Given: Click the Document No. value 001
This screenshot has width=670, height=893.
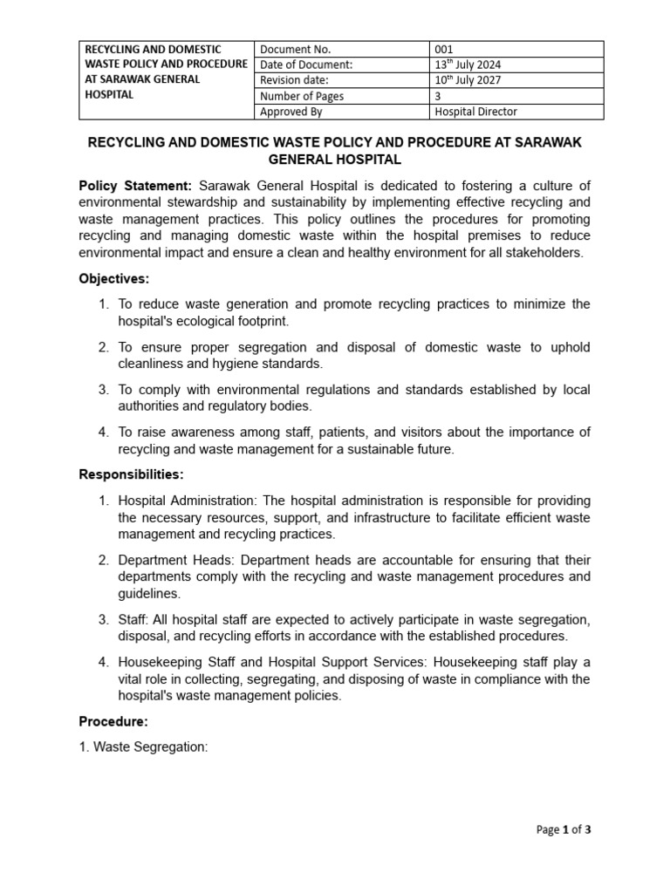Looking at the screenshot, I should tap(445, 50).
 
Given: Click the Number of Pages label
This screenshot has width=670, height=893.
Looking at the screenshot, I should tap(301, 96).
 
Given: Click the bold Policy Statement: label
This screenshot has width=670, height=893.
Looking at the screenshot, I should tap(135, 186).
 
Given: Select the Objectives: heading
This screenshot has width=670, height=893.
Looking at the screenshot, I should tap(114, 279).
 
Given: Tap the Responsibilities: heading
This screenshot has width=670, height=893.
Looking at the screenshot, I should tap(132, 474).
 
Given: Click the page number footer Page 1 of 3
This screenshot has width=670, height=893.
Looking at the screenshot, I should tap(564, 829).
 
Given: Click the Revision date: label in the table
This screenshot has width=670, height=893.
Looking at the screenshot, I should tap(294, 80).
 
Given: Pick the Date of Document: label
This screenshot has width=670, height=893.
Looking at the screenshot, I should tap(306, 65).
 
